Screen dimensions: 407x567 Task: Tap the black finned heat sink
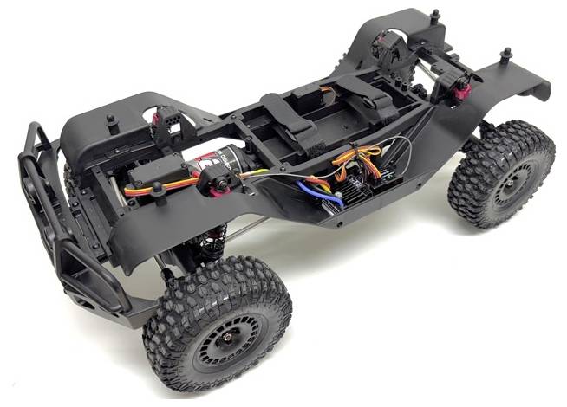pos(360,190)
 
